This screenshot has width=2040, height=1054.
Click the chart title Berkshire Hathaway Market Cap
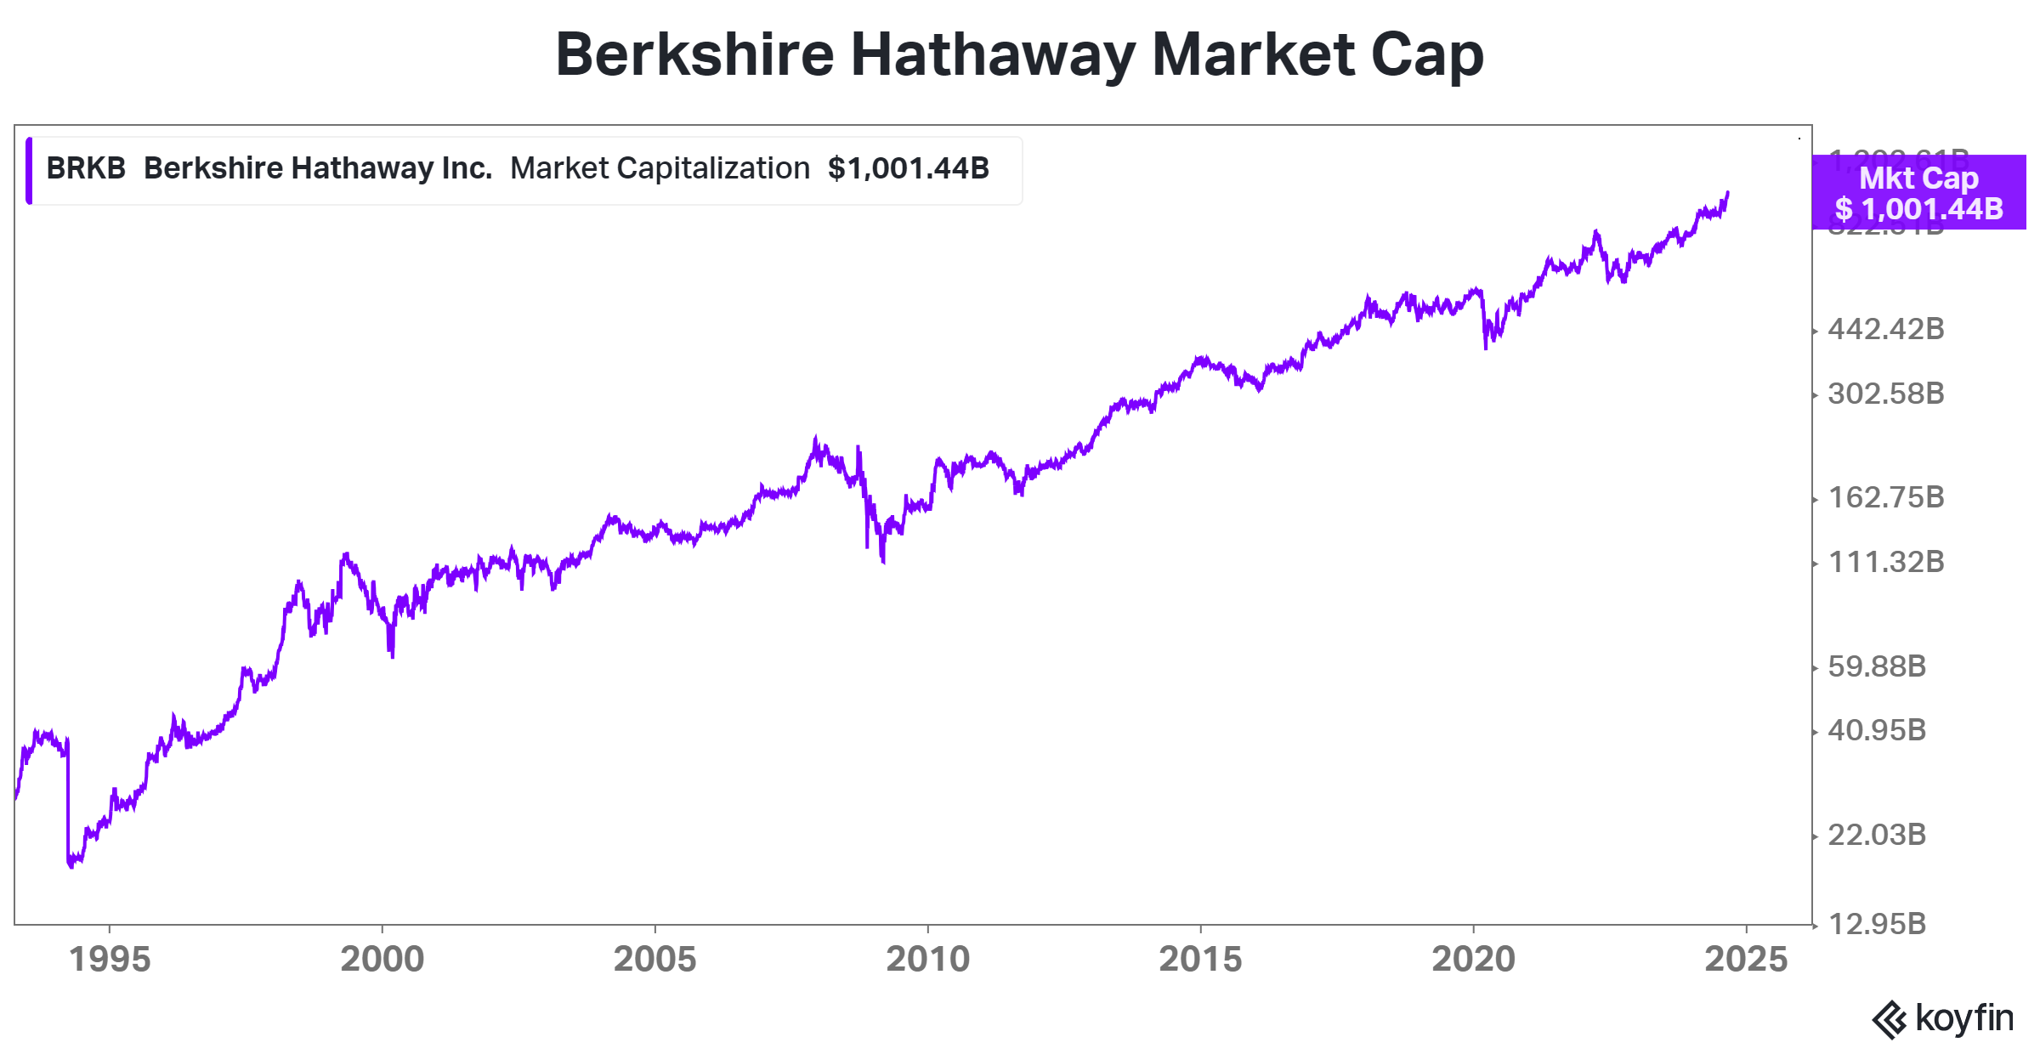pyautogui.click(x=1019, y=55)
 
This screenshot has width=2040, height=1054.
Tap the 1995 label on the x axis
pyautogui.click(x=110, y=959)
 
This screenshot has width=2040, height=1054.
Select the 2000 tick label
pyautogui.click(x=382, y=959)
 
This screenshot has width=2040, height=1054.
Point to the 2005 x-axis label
pyautogui.click(x=655, y=959)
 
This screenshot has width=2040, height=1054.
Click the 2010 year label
pyautogui.click(x=928, y=959)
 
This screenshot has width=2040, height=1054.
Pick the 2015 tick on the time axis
pyautogui.click(x=1201, y=959)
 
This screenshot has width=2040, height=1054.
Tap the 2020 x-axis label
pyautogui.click(x=1474, y=959)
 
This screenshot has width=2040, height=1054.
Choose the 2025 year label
pyautogui.click(x=1747, y=959)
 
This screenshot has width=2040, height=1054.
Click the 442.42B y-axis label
pyautogui.click(x=1886, y=329)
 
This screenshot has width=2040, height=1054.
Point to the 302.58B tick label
pyautogui.click(x=1886, y=394)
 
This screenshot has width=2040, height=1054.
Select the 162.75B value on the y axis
pyautogui.click(x=1886, y=497)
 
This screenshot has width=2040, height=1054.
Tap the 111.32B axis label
pyautogui.click(x=1886, y=562)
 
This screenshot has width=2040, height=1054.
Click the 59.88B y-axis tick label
pyautogui.click(x=1877, y=666)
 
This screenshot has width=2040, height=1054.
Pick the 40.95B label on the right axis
pyautogui.click(x=1877, y=730)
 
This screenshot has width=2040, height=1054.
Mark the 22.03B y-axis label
pyautogui.click(x=1877, y=835)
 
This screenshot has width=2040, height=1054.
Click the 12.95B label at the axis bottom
pyautogui.click(x=1877, y=924)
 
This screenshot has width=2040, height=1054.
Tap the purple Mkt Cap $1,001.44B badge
pyautogui.click(x=1918, y=193)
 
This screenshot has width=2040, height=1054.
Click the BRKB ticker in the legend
pyautogui.click(x=86, y=168)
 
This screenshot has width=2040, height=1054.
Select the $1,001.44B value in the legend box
pyautogui.click(x=909, y=168)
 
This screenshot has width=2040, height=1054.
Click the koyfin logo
pyautogui.click(x=1942, y=1018)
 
